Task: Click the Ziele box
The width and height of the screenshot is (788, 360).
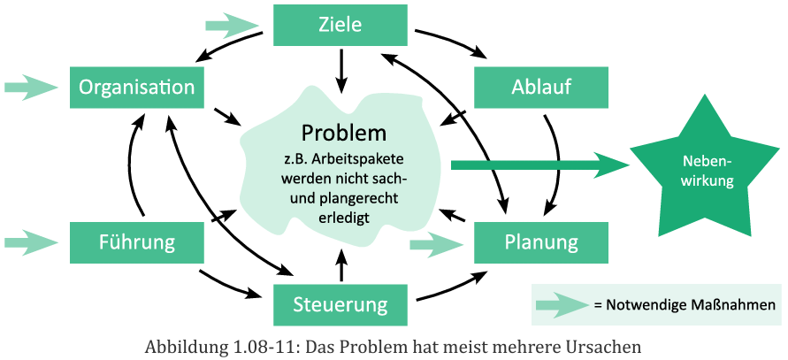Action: pos(340,25)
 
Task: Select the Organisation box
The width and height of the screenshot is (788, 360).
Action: pos(136,87)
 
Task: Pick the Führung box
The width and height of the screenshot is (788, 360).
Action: pos(136,241)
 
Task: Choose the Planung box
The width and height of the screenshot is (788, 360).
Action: pos(541,241)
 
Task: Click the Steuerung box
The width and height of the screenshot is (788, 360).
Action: pos(340,304)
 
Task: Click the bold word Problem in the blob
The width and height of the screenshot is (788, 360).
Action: pos(344,134)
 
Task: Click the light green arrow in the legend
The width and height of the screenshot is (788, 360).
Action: pos(562,305)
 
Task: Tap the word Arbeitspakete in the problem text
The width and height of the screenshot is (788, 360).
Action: pos(363,159)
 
